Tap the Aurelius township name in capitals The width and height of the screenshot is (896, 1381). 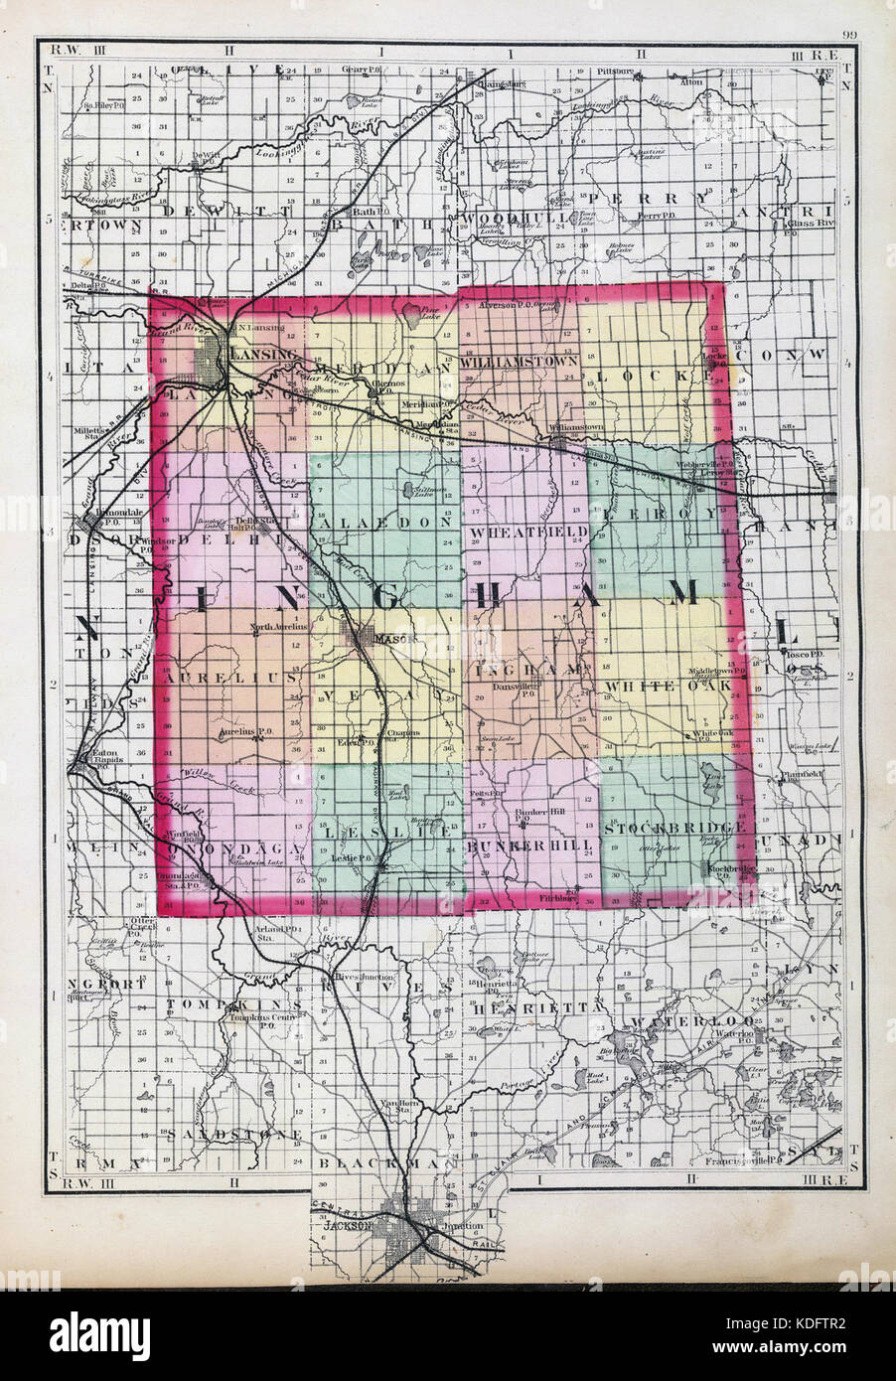coord(231,676)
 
